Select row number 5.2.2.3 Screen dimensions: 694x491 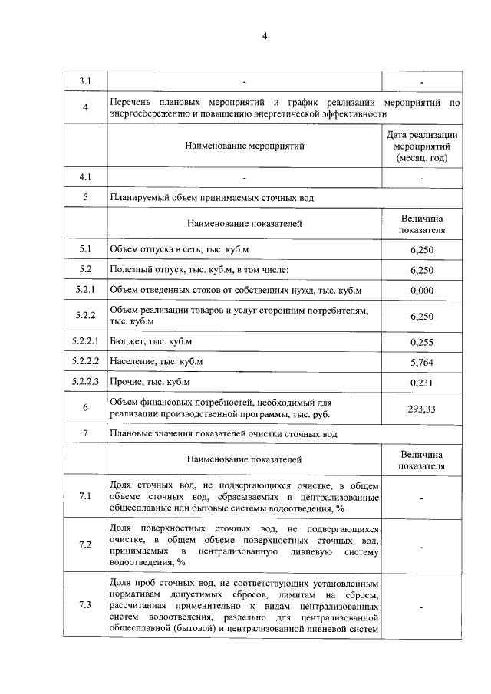click(x=85, y=381)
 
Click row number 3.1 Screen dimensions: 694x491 click(x=85, y=81)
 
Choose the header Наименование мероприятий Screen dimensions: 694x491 click(x=245, y=144)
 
